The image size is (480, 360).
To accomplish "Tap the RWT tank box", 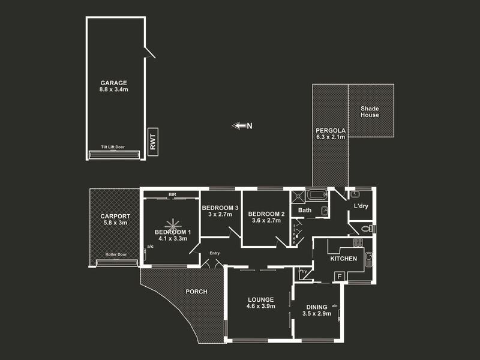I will click(152, 141).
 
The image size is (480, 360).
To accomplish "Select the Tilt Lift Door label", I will click(113, 147).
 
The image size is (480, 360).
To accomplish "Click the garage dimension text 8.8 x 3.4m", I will click(114, 89).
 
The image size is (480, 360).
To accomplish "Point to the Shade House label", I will click(370, 112).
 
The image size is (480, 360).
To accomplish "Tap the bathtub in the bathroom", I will click(316, 194).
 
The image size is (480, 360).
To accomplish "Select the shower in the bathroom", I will click(298, 196).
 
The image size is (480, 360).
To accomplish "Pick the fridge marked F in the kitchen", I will click(339, 276).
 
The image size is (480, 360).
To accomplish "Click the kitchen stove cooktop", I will click(358, 243).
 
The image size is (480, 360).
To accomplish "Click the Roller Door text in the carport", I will click(115, 254).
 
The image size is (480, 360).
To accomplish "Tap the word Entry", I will click(214, 253).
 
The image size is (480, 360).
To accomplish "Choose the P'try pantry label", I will click(303, 271).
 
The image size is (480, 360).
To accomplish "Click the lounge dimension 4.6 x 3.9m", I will click(259, 306).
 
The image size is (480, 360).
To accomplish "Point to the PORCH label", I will click(196, 292).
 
